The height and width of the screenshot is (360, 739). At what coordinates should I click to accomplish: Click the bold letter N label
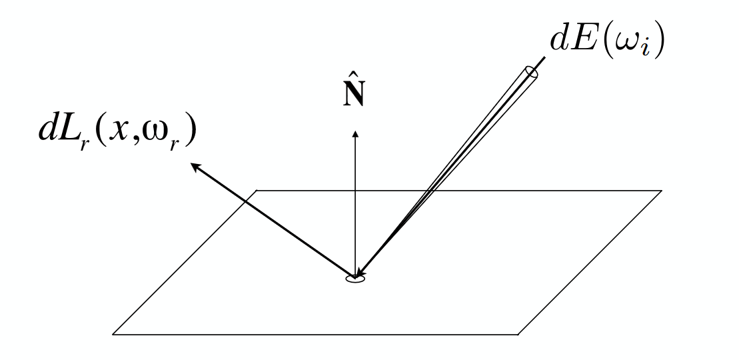354,96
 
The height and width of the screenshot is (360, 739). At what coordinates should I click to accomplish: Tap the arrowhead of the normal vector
355,135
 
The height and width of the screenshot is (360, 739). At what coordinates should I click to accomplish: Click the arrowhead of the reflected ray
196,167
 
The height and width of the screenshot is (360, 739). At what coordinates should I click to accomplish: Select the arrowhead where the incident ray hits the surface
360,273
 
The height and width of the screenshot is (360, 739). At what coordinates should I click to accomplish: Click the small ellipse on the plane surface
355,279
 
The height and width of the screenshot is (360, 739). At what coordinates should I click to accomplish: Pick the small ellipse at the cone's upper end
531,72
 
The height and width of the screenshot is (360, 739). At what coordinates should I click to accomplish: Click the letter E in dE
584,41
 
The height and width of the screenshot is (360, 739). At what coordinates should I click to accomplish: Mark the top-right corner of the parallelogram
662,191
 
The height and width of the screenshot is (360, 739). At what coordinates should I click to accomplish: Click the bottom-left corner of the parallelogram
113,335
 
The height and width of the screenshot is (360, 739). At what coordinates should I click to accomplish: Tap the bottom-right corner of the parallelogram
518,335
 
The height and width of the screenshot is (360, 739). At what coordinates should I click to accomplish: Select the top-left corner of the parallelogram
257,191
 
